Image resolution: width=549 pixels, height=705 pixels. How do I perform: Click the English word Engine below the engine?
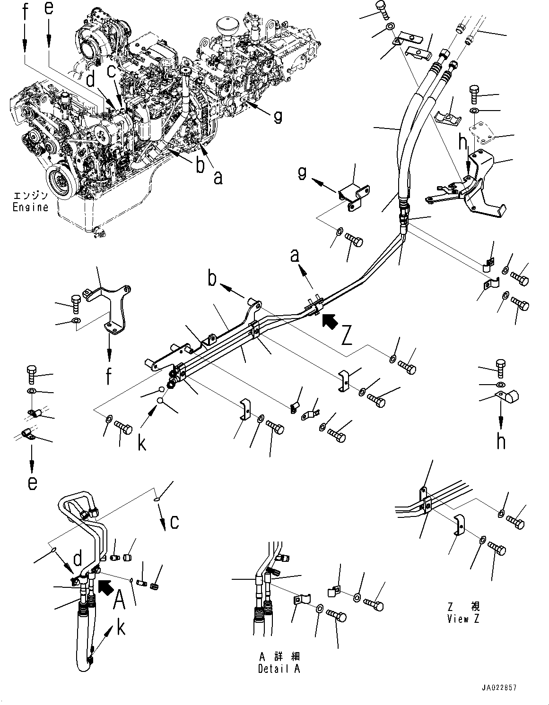pyautogui.click(x=30, y=207)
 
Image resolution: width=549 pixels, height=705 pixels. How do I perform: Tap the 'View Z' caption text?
pyautogui.click(x=463, y=619)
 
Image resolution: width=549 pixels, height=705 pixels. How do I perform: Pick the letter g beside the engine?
pyautogui.click(x=278, y=116)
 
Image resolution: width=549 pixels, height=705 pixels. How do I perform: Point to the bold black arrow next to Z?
pyautogui.click(x=331, y=322)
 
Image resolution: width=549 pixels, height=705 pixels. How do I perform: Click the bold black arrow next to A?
pyautogui.click(x=106, y=587)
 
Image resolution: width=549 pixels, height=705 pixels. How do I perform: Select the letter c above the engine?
pyautogui.click(x=111, y=71)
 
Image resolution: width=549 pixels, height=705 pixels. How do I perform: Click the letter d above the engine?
pyautogui.click(x=91, y=79)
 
